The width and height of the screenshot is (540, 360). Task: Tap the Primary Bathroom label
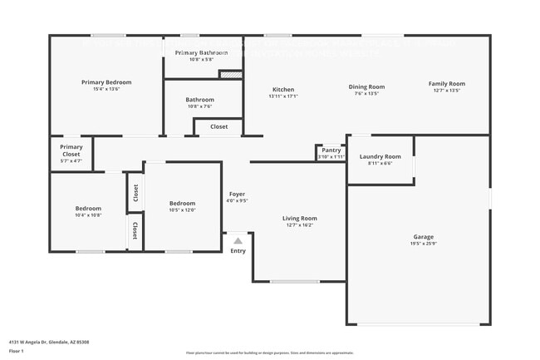click(x=201, y=52)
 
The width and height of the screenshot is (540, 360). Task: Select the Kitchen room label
click(x=283, y=90)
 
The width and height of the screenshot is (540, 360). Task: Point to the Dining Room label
click(x=366, y=86)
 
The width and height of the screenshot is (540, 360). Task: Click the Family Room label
click(x=446, y=83)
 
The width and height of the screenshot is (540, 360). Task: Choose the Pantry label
click(x=331, y=150)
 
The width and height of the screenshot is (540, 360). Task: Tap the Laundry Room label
click(x=380, y=156)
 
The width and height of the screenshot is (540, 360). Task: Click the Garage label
click(x=424, y=237)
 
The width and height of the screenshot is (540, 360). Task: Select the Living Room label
click(x=301, y=218)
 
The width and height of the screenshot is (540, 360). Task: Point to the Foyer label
click(x=237, y=194)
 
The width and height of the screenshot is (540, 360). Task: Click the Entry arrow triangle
click(x=238, y=241)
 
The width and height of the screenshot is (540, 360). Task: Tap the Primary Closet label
click(x=71, y=150)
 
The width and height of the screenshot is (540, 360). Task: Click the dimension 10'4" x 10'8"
click(x=89, y=215)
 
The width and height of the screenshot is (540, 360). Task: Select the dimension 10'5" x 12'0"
click(x=182, y=210)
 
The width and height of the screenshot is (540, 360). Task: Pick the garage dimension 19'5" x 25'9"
click(x=424, y=244)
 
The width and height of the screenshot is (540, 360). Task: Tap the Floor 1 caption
click(x=17, y=351)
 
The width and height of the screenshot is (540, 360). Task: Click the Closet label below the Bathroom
click(x=218, y=126)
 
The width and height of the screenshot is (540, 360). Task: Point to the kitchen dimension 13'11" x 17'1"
click(x=283, y=96)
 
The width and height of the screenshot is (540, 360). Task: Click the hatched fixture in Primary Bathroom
click(x=230, y=74)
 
